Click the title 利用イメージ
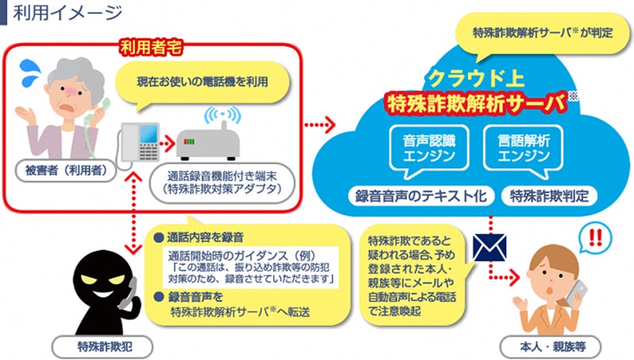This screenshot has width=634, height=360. (x=67, y=13)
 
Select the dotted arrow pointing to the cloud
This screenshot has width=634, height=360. (x=317, y=125)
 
